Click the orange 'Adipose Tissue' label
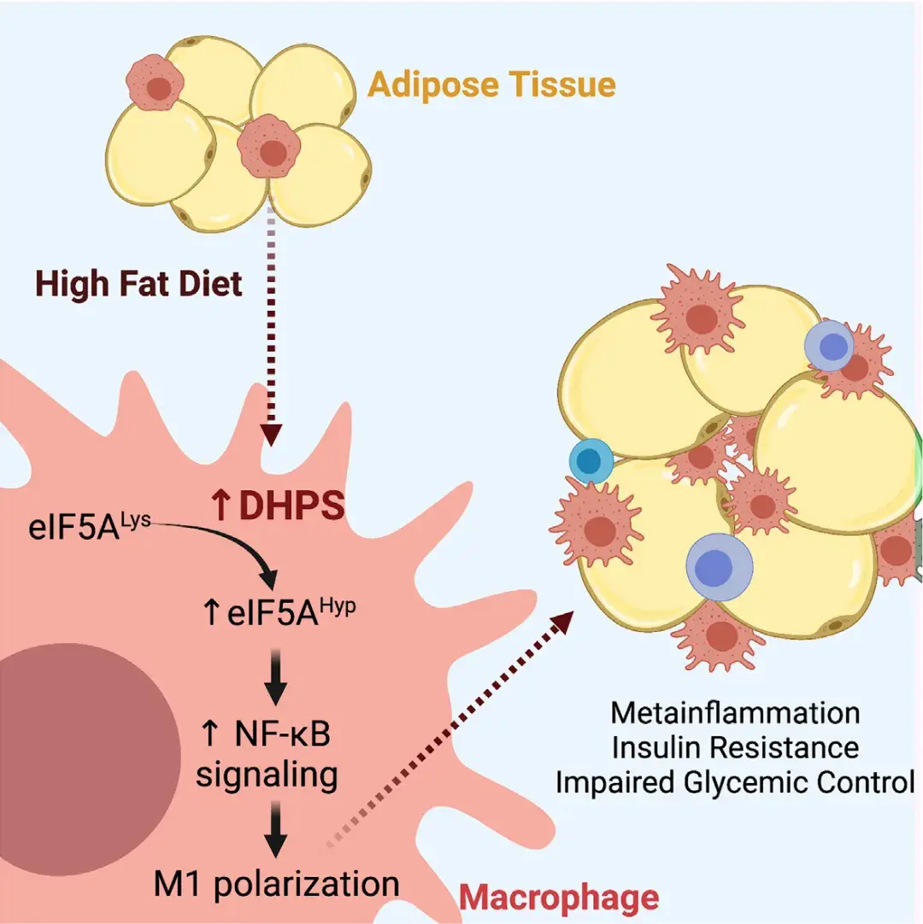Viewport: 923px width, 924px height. [x=492, y=85]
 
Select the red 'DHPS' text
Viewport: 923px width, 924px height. [x=291, y=506]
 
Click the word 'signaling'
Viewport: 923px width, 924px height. [x=266, y=774]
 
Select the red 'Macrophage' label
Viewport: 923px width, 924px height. [x=559, y=897]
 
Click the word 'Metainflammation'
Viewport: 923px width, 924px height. [x=735, y=711]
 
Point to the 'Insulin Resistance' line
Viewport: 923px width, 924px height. [x=735, y=747]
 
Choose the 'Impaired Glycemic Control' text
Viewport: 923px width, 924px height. [x=735, y=782]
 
